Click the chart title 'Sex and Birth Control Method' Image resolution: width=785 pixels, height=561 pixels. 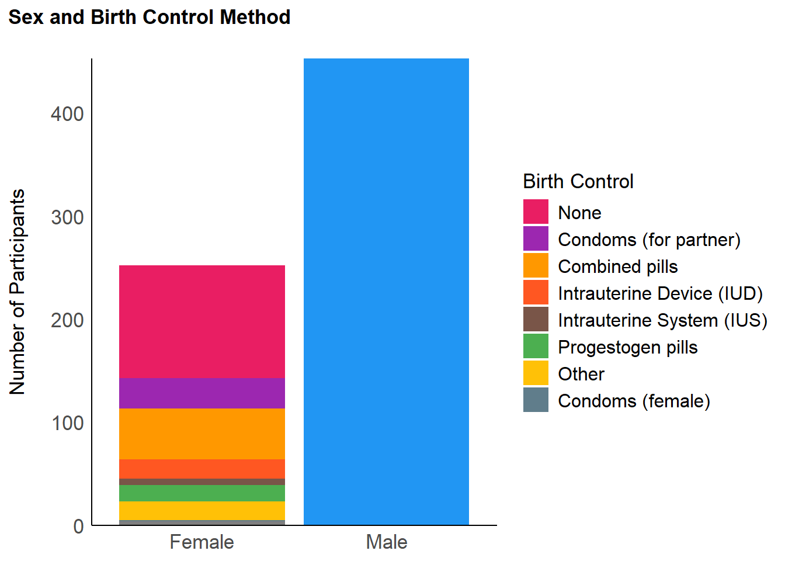coord(150,17)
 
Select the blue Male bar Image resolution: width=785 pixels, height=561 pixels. coord(386,292)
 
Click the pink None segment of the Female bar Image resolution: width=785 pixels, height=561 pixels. coord(202,322)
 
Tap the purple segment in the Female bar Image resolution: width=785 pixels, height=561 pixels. coord(202,393)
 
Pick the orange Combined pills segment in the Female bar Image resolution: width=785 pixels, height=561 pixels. coord(202,434)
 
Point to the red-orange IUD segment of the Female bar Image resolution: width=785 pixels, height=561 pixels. coord(202,469)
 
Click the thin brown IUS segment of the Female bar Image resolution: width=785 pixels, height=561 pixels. coord(202,482)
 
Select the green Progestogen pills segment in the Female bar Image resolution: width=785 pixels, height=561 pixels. coord(202,493)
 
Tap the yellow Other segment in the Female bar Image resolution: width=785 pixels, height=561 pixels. coord(202,511)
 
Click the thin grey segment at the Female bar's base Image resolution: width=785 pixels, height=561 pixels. coord(202,523)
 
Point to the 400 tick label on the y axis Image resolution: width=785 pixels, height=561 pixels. coord(67,115)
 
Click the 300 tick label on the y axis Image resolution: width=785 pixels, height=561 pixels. coord(67,217)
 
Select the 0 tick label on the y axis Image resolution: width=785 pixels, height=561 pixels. coord(78,527)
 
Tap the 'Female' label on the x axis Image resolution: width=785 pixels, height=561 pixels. coord(202,542)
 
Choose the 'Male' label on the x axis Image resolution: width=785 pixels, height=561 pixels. coord(387,542)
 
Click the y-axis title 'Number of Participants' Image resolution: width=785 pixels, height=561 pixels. coord(17,292)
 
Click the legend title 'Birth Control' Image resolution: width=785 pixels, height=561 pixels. coord(578,181)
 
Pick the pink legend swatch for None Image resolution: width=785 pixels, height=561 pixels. coord(536,212)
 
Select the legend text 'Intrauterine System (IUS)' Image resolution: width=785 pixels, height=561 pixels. coord(663,320)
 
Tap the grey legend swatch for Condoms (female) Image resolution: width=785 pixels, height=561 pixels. coord(536,400)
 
